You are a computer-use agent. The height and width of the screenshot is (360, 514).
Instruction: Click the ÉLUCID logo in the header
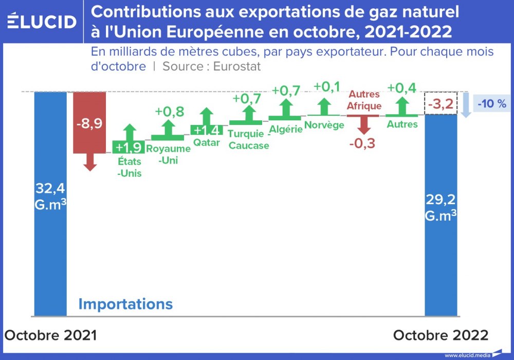tap(42, 22)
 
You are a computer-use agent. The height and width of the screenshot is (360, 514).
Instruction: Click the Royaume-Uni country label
tap(168, 154)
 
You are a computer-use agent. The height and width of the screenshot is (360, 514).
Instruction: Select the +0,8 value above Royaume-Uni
tap(170, 112)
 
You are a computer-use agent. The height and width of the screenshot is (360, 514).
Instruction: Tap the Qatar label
tap(207, 142)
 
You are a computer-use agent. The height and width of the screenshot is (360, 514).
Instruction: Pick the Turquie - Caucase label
tap(249, 140)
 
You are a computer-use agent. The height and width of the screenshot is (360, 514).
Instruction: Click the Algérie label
tap(286, 129)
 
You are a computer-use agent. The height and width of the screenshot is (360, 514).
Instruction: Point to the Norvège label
tap(324, 124)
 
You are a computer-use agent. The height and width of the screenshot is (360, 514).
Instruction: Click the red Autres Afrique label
tap(364, 100)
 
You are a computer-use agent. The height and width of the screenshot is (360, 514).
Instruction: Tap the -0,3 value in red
tap(362, 143)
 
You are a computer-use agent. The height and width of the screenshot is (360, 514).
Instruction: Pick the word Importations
tap(125, 304)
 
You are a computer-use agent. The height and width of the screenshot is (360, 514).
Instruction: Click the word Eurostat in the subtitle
tap(236, 66)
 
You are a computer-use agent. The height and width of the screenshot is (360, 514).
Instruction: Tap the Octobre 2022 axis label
tap(440, 335)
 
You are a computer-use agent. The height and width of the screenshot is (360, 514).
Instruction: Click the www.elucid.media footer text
tap(467, 355)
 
